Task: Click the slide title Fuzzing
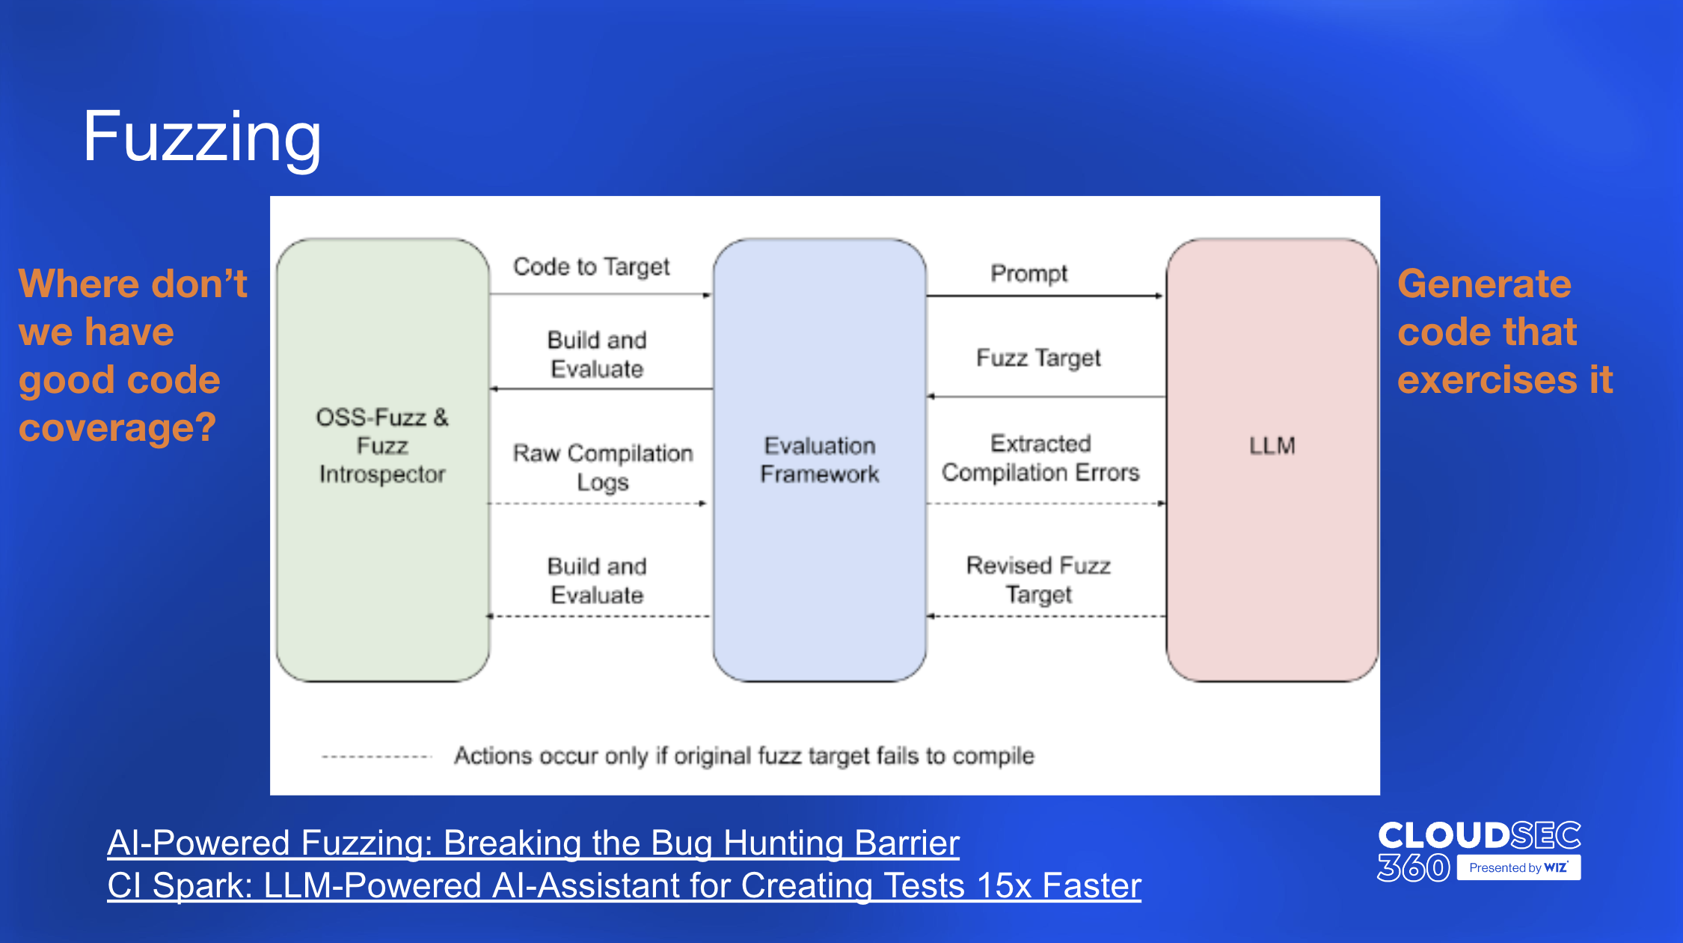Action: pyautogui.click(x=202, y=138)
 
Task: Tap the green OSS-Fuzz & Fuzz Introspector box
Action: pyautogui.click(x=383, y=460)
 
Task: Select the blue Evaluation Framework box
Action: pyautogui.click(x=820, y=460)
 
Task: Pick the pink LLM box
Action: pyautogui.click(x=1272, y=460)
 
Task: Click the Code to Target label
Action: pyautogui.click(x=592, y=266)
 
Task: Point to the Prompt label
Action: pyautogui.click(x=1029, y=274)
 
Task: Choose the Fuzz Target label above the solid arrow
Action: pyautogui.click(x=1039, y=358)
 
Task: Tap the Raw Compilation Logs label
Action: pyautogui.click(x=603, y=468)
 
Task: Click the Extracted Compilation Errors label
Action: pyautogui.click(x=1040, y=458)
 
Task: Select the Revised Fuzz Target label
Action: pyautogui.click(x=1039, y=580)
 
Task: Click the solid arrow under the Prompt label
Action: pyautogui.click(x=1046, y=296)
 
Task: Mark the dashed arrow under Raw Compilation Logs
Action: pyautogui.click(x=598, y=504)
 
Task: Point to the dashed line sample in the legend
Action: pyautogui.click(x=377, y=757)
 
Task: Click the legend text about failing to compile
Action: pyautogui.click(x=744, y=756)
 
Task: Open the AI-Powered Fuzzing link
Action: pyautogui.click(x=533, y=843)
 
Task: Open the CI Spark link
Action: pyautogui.click(x=624, y=885)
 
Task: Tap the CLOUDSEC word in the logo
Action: pyautogui.click(x=1480, y=836)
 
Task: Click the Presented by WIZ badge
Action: pyautogui.click(x=1519, y=867)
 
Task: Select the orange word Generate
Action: pyautogui.click(x=1485, y=285)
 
